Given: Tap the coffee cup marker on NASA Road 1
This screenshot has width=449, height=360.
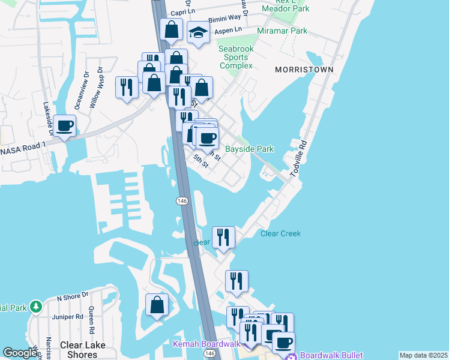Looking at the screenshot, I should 65,125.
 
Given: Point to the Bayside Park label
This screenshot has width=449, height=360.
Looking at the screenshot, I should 249,149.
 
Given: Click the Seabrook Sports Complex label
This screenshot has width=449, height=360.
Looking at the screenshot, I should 235,57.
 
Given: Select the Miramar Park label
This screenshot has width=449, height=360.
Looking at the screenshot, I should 282,31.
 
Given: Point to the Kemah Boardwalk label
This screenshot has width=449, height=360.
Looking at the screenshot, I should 206,344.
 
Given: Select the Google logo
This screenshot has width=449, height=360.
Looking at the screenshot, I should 20,353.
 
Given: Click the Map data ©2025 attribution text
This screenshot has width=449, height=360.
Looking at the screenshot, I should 423,355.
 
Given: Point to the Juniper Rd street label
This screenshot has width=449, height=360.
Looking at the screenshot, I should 68,317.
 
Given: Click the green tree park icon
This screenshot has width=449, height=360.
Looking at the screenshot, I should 35,307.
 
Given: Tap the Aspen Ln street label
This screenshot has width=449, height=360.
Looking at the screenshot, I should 229,29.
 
